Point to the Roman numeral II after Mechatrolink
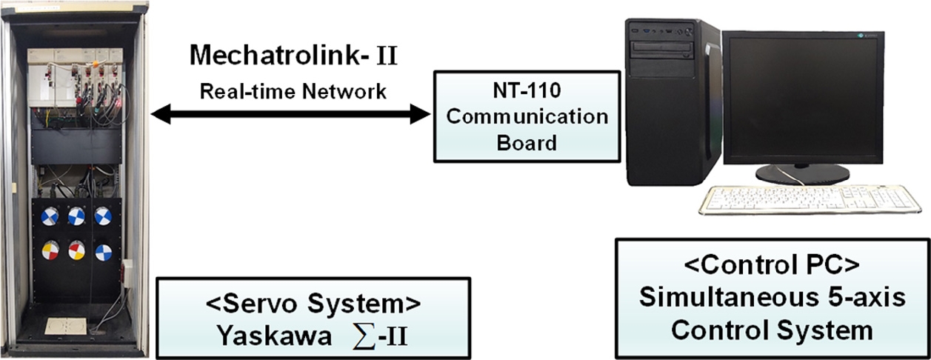coord(387,56)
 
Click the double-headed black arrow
coord(290,114)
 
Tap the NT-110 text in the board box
coord(526,93)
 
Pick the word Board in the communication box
coord(526,142)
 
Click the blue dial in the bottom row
coord(103,253)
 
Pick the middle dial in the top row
coord(76,216)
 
